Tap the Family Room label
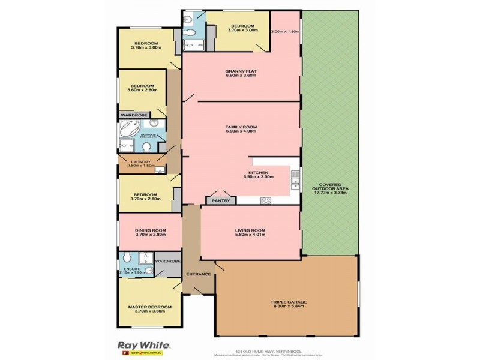pos(241,128)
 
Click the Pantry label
pos(220,200)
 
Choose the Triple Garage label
pos(288,304)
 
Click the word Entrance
pos(199,274)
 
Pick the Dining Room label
pos(149,232)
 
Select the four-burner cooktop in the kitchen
pos(265,200)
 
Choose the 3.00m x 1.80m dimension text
pos(285,32)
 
